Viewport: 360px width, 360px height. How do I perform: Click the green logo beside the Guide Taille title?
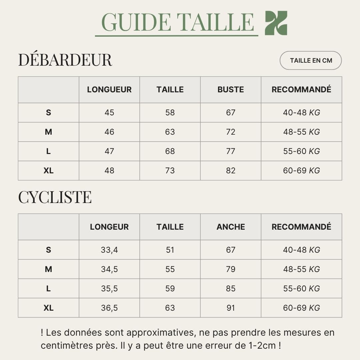click(276, 23)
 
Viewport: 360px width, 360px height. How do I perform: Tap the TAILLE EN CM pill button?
click(311, 61)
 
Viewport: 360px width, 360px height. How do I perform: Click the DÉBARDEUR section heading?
click(65, 60)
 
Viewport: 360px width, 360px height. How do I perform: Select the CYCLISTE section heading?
click(55, 197)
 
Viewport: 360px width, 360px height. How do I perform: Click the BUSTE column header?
click(231, 90)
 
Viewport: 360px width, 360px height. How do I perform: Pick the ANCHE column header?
click(231, 227)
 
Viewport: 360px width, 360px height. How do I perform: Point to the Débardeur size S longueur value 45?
click(109, 113)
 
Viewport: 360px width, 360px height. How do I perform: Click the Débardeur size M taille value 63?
click(170, 132)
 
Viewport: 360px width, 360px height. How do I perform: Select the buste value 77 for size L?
click(231, 151)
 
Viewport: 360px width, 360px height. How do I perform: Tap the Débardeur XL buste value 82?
click(231, 171)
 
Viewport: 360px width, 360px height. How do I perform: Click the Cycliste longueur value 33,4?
click(109, 250)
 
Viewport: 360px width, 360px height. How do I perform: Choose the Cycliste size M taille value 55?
click(170, 269)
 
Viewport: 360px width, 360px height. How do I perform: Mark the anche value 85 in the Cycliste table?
click(231, 289)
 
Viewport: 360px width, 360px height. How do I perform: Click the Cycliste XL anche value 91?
click(231, 308)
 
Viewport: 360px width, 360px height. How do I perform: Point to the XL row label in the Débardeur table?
click(48, 171)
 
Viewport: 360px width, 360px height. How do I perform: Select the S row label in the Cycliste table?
click(48, 250)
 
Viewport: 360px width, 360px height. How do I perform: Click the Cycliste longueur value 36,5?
click(109, 308)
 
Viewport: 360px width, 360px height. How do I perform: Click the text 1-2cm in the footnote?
click(262, 345)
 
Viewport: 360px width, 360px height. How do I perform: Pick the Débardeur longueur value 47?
click(109, 151)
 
